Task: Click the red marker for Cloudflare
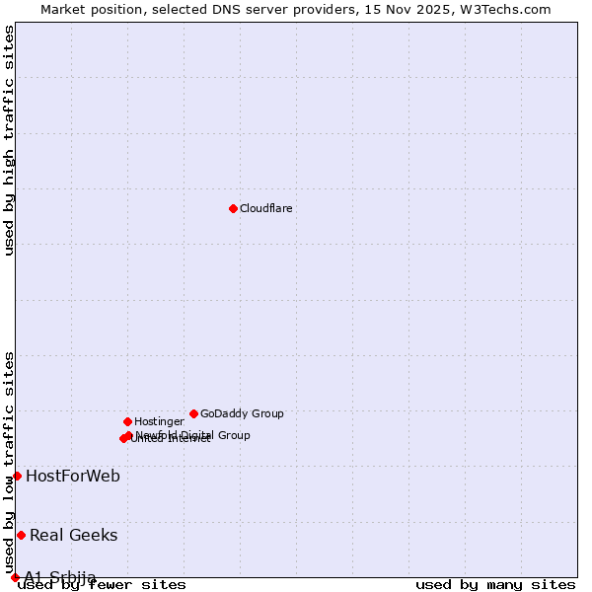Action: coord(233,208)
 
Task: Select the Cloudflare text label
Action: coord(266,209)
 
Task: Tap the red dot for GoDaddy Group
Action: coord(193,413)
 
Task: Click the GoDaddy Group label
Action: coord(242,414)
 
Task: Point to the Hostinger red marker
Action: coord(127,421)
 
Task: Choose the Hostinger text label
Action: coord(159,422)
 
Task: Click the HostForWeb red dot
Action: coord(17,476)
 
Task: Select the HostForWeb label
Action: coord(73,477)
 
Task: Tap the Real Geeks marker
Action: coord(21,535)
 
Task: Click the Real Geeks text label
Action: coord(74,536)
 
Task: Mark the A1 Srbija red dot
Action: coord(15,577)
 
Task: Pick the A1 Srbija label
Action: coord(60,577)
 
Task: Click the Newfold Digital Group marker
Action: coord(128,435)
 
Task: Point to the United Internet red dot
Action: coord(123,438)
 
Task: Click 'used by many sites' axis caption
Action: coord(495,585)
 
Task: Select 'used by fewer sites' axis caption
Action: coord(103,585)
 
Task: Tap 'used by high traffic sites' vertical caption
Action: coord(9,140)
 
